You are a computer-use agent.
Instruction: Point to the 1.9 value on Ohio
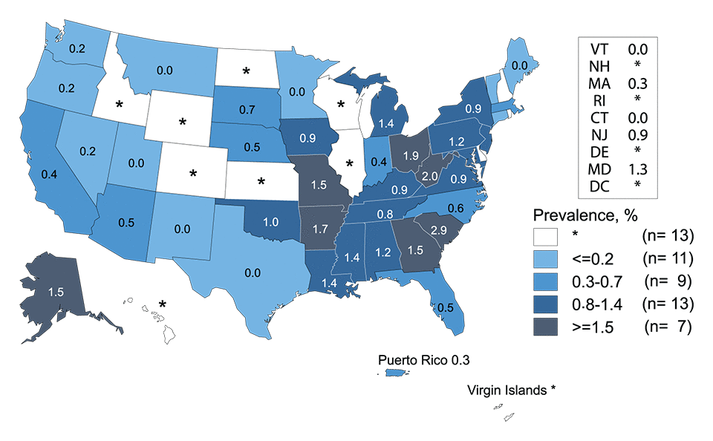click(410, 155)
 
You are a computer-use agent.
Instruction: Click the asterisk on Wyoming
click(182, 122)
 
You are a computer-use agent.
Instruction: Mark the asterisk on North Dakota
click(246, 72)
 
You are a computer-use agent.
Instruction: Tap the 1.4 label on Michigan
click(385, 124)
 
